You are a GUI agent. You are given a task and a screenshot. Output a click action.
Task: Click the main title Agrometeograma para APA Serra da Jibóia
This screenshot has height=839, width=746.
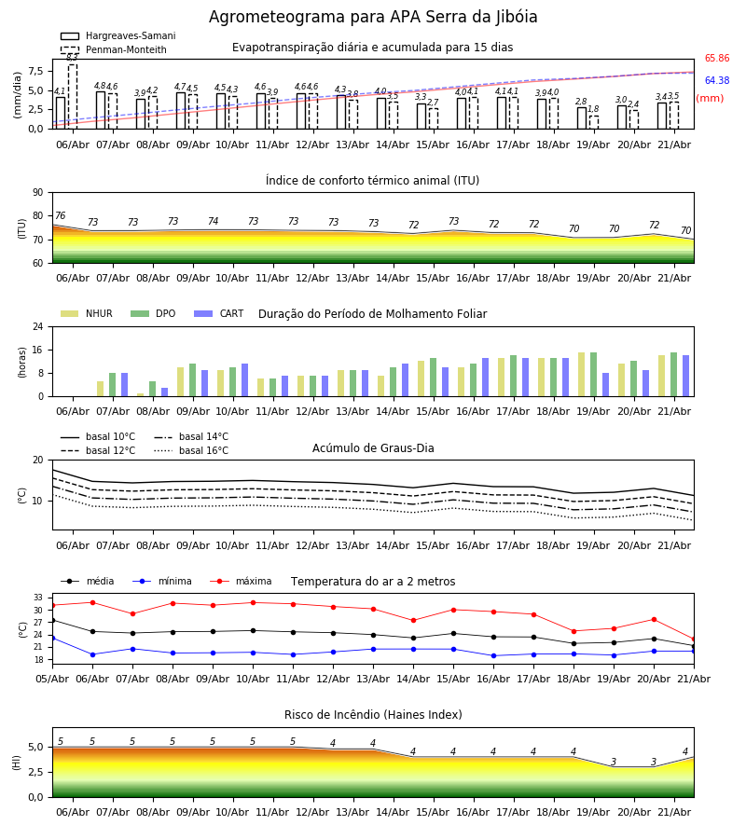[x=373, y=17]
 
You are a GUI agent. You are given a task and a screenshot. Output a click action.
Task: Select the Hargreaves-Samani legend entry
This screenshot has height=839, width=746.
[x=117, y=35]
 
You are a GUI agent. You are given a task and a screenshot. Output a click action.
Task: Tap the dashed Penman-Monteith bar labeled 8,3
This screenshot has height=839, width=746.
[x=73, y=96]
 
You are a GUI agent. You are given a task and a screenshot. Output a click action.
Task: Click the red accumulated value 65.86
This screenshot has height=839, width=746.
[x=717, y=59]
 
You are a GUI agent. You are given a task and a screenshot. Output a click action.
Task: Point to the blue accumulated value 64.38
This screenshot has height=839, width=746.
[x=717, y=80]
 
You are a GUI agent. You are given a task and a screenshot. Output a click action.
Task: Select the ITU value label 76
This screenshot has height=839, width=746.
[x=60, y=215]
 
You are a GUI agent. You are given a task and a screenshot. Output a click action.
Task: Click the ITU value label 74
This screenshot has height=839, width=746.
[x=213, y=221]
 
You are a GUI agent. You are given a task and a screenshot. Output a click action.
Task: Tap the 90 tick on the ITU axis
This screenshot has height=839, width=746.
[x=38, y=193]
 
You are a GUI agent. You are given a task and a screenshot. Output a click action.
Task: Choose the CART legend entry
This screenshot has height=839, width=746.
[x=219, y=313]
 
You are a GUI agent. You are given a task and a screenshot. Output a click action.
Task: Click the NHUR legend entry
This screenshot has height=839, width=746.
[x=87, y=313]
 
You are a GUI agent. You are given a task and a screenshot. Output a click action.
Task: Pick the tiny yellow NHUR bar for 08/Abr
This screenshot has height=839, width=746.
[x=140, y=395]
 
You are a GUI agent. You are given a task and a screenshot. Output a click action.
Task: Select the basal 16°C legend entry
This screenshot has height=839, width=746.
[x=191, y=450]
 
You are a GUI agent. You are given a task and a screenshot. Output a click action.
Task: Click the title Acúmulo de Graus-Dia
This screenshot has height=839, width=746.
[x=373, y=448]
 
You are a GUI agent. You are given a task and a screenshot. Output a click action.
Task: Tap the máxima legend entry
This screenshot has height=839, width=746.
[x=241, y=581]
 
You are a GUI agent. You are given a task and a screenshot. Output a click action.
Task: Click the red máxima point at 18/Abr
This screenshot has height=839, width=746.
[x=574, y=631]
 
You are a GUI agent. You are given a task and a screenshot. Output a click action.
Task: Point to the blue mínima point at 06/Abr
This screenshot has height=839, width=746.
[x=92, y=654]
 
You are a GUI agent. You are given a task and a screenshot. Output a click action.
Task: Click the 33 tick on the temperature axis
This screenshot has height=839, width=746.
[x=38, y=598]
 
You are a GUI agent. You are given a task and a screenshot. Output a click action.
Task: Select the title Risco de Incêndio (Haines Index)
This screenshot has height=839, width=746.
[x=373, y=715]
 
